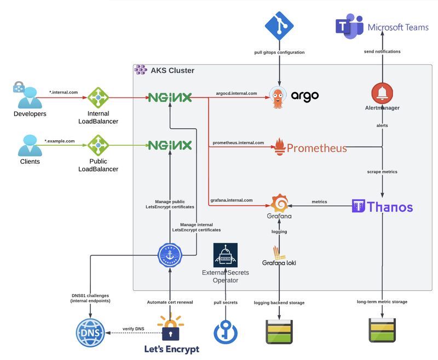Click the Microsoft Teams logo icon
pos(349,27)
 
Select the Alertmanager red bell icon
pos(382,93)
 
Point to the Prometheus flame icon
pos(279,147)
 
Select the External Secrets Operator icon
pos(226,255)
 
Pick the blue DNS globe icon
pos(90,333)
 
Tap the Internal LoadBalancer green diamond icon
pos(99,98)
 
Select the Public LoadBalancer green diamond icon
pos(99,145)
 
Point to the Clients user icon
pos(29,145)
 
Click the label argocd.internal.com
pos(236,93)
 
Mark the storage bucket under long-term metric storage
pos(382,331)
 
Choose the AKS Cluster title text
pos(172,71)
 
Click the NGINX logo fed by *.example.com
pos(170,145)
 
